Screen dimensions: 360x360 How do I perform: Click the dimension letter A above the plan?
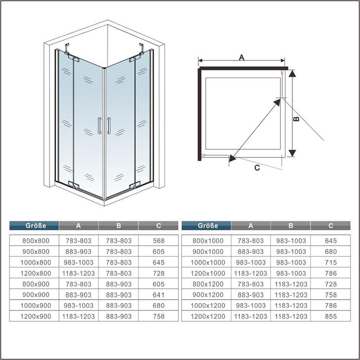241,57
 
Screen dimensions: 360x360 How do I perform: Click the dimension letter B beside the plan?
297,118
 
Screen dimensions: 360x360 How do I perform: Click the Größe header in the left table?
35,225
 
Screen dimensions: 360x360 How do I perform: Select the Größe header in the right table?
206,225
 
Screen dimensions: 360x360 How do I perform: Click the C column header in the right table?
330,225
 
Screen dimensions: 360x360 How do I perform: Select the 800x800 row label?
35,241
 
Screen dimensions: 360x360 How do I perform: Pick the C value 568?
159,241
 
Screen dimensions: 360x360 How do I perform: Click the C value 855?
330,316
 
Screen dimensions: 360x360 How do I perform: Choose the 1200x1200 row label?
206,316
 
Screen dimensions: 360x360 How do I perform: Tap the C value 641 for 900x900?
159,295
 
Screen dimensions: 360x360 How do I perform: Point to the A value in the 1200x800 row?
79,273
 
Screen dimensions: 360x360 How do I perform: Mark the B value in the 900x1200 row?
290,295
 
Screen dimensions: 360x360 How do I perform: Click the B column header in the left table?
119,225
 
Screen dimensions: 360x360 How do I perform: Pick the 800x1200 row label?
206,284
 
